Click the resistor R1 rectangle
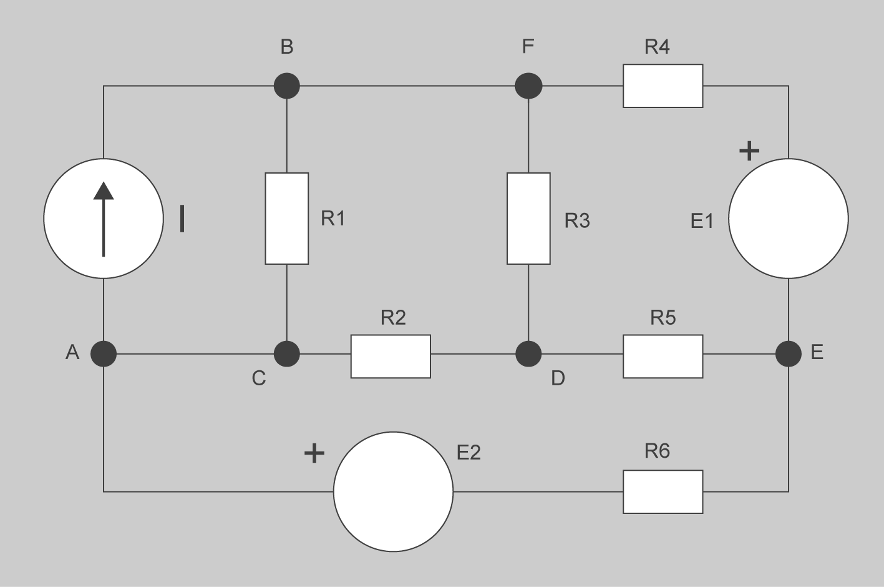point(286,219)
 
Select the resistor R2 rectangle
point(391,356)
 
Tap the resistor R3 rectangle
point(528,219)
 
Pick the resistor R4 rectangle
point(663,86)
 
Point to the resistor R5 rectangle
point(663,356)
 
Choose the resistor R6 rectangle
point(663,491)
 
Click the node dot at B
point(287,86)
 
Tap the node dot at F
point(528,86)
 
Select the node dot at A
point(104,354)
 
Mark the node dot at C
point(287,354)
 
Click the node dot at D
point(528,354)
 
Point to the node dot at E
point(789,354)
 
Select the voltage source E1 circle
point(789,218)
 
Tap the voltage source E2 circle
point(394,491)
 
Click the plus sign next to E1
point(749,150)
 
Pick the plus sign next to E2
point(314,453)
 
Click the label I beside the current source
point(182,219)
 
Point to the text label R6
point(657,450)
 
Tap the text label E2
point(469,452)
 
